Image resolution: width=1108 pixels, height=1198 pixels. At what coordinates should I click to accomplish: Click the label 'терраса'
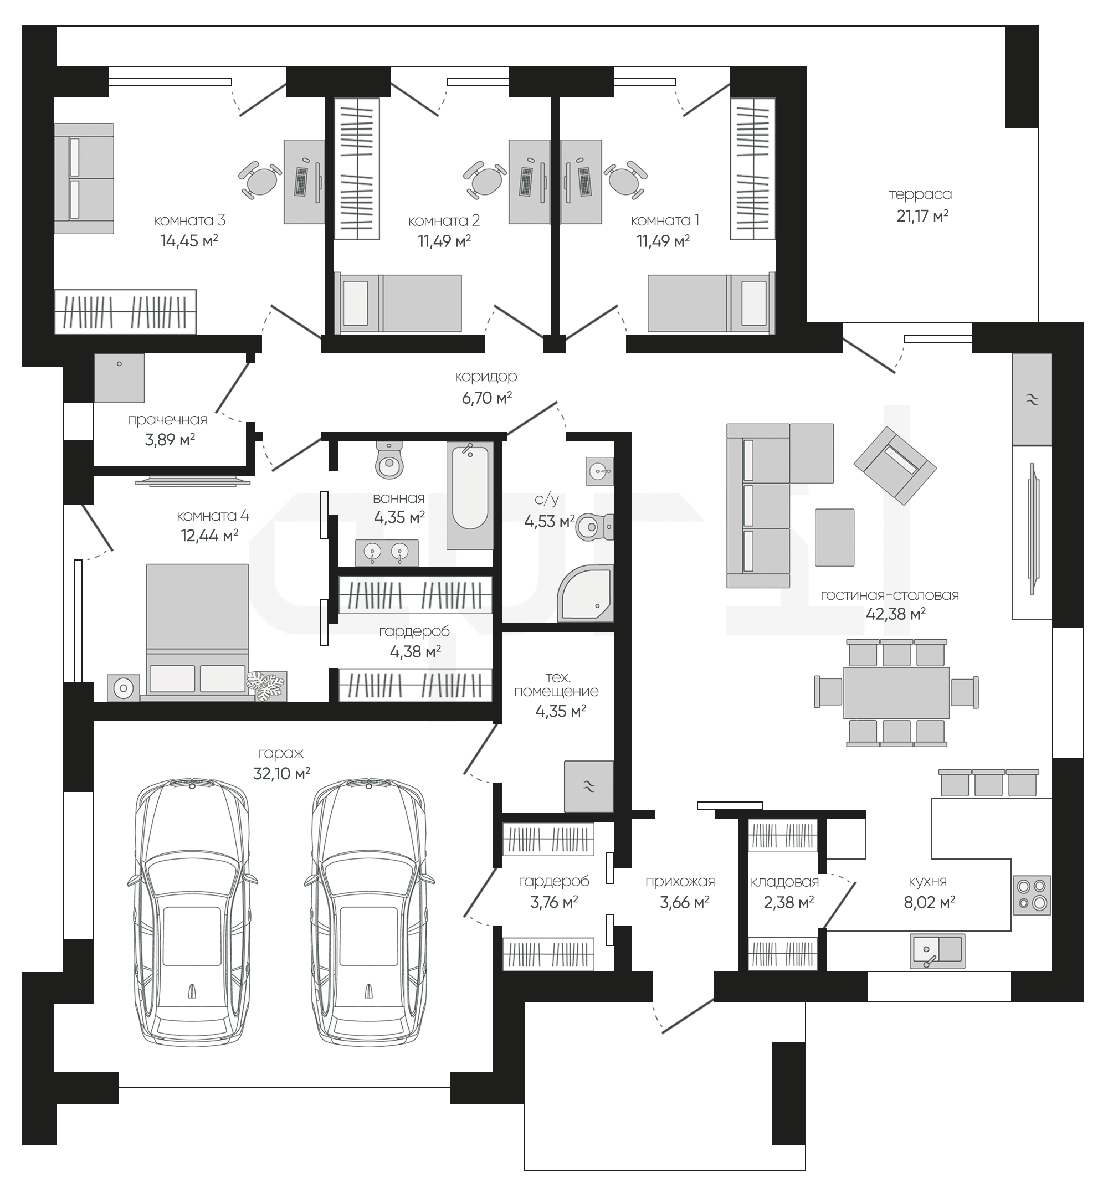click(x=920, y=194)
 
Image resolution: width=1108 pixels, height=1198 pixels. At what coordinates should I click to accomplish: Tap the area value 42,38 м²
click(x=896, y=614)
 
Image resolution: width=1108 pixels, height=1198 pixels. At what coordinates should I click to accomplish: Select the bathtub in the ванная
click(x=470, y=496)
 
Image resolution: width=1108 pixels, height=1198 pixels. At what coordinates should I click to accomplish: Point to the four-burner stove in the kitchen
click(x=1032, y=894)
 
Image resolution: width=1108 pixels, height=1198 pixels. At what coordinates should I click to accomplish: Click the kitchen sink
click(x=937, y=951)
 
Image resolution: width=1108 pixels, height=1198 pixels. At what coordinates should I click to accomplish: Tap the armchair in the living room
click(x=895, y=466)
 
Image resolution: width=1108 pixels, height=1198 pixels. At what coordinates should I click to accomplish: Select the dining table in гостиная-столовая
click(x=896, y=692)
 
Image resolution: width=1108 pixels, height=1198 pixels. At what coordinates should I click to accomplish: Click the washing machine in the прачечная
click(x=119, y=378)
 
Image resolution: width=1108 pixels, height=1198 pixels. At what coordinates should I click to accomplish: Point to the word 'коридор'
click(x=486, y=377)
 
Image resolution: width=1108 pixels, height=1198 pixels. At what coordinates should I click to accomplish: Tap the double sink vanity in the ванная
click(x=387, y=553)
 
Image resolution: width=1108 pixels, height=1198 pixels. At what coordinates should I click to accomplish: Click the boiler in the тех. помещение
click(x=589, y=786)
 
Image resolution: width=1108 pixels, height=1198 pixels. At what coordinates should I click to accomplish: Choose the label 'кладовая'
click(x=784, y=882)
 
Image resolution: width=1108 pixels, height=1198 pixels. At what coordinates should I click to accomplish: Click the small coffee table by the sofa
click(x=834, y=537)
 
